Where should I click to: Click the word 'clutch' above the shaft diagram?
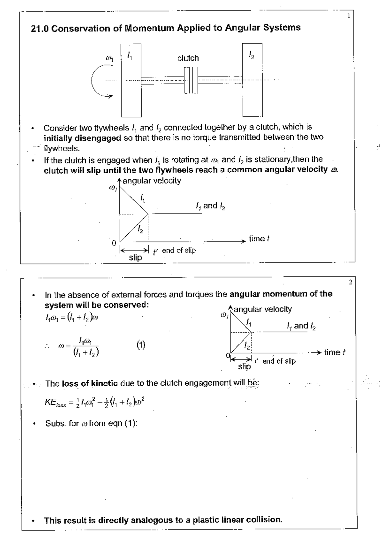[x=188, y=58]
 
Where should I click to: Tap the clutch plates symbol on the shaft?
[x=191, y=80]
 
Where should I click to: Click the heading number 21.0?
[x=40, y=29]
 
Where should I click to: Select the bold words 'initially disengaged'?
[x=82, y=138]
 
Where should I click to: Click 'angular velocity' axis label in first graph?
[x=152, y=181]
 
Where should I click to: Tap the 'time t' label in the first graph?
[x=259, y=239]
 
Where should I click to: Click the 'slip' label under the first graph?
[x=135, y=257]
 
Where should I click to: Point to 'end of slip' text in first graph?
[x=179, y=251]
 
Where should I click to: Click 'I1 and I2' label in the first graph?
[x=210, y=206]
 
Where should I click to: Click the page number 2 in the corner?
[x=350, y=282]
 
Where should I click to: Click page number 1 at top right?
[x=349, y=16]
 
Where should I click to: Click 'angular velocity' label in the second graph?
[x=263, y=309]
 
